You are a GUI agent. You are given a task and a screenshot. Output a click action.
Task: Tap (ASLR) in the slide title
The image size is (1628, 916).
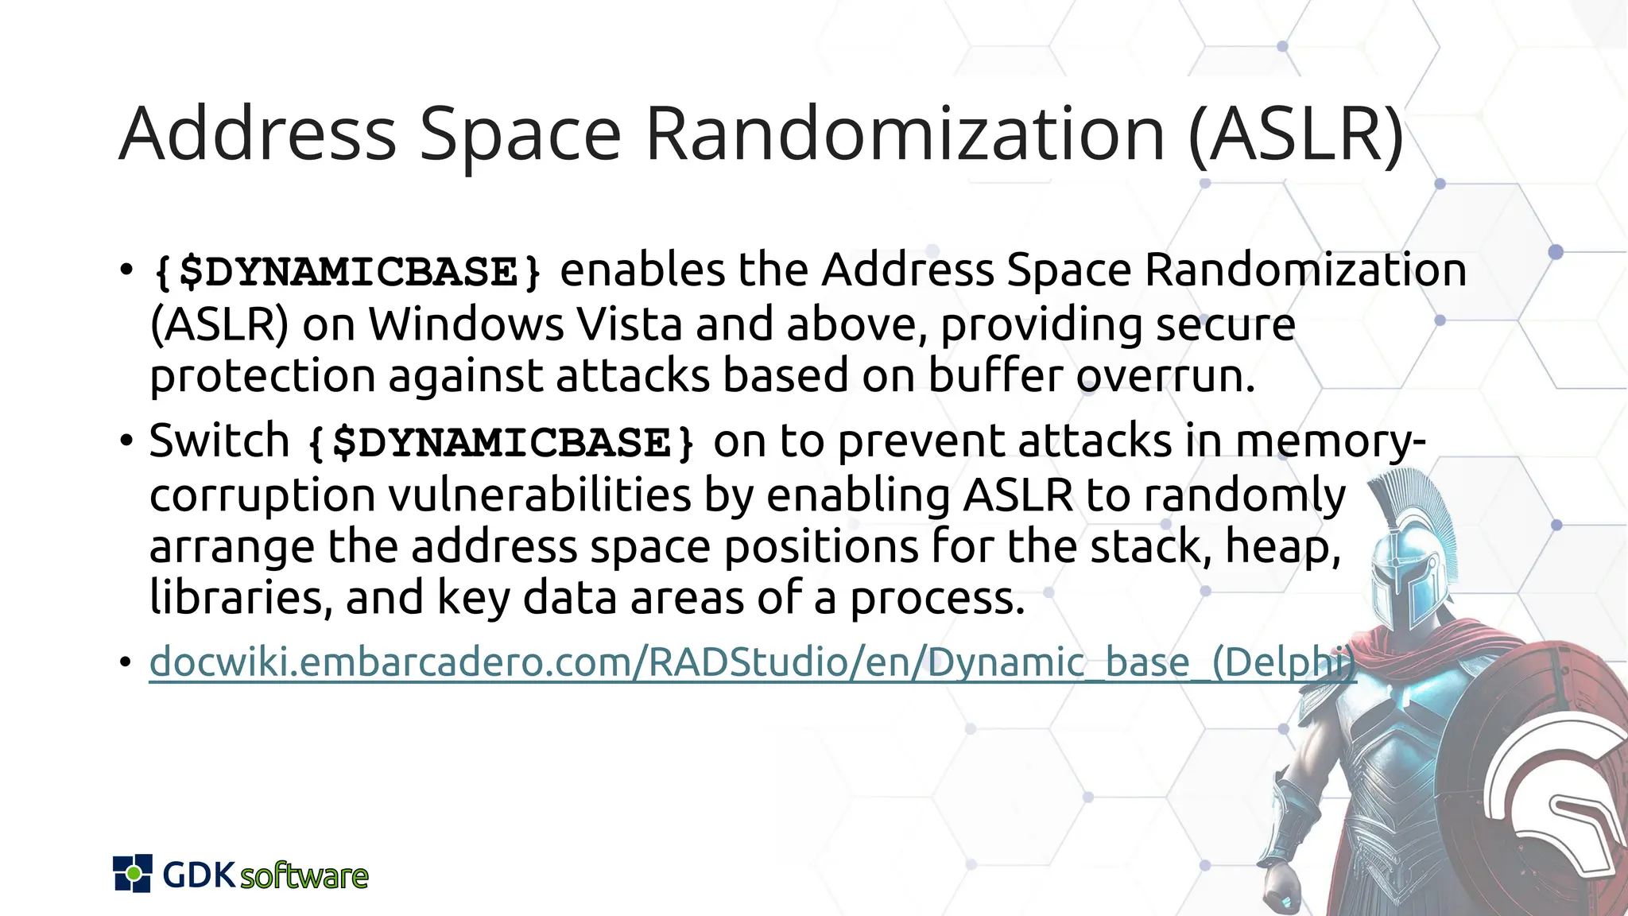pyautogui.click(x=1296, y=135)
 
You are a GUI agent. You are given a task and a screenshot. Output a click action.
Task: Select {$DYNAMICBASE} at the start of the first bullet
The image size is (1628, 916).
pyautogui.click(x=347, y=272)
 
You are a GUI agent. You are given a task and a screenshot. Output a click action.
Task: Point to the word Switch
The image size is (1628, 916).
pyautogui.click(x=219, y=441)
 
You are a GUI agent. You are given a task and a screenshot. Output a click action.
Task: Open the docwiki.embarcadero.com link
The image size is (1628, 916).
pyautogui.click(x=752, y=662)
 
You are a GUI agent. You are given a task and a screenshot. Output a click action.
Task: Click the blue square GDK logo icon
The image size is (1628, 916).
pyautogui.click(x=132, y=873)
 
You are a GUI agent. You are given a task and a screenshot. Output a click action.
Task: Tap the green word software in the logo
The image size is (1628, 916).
pyautogui.click(x=304, y=876)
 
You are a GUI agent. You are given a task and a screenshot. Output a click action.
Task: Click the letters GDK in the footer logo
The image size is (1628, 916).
pyautogui.click(x=199, y=875)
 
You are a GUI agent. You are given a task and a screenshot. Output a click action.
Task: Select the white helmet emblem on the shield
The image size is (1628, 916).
pyautogui.click(x=1558, y=803)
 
